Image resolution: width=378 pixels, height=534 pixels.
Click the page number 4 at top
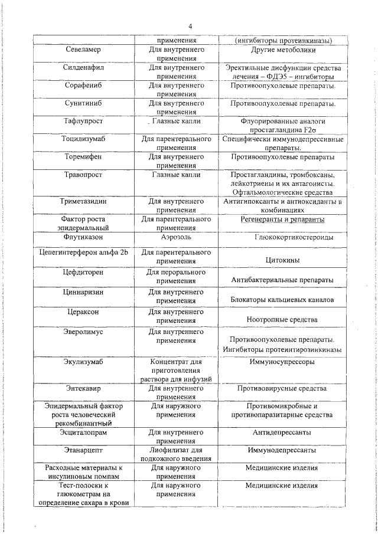(x=190, y=26)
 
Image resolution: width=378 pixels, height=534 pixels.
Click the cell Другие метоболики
(x=281, y=51)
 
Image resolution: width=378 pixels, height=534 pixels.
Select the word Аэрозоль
(x=176, y=237)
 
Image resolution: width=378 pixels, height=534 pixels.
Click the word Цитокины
(x=282, y=260)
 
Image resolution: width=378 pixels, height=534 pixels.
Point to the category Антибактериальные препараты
(x=282, y=280)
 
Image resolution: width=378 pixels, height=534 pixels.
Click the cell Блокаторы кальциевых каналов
(x=282, y=300)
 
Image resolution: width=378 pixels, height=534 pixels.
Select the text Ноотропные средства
(x=282, y=319)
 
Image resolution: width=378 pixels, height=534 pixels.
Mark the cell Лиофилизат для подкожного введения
(x=176, y=454)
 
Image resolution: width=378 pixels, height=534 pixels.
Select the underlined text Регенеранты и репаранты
(x=282, y=220)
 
